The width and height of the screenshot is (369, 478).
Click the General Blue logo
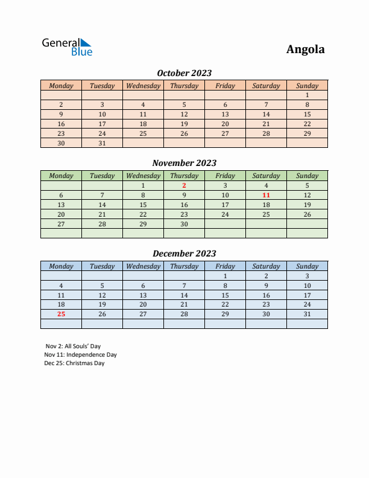pos(67,47)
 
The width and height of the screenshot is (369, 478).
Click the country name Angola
pos(305,49)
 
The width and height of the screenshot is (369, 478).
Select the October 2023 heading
pos(184,73)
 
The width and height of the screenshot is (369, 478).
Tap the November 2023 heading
pos(184,163)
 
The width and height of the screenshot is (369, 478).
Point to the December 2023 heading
pos(184,253)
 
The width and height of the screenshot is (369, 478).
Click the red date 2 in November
pos(184,185)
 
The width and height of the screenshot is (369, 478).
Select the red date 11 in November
pos(266,195)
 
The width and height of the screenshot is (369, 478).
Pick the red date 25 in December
pos(61,314)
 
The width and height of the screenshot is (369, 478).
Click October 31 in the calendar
pos(102,143)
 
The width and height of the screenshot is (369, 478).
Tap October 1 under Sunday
pos(307,95)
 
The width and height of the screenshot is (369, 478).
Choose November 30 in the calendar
pos(184,224)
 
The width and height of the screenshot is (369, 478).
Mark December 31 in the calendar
pos(307,314)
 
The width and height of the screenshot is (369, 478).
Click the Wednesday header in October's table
pos(143,86)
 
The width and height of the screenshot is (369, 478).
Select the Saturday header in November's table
pos(266,176)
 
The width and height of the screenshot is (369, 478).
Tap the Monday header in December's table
pos(61,266)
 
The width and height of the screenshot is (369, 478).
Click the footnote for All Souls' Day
pos(73,346)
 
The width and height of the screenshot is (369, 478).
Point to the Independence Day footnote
pos(80,355)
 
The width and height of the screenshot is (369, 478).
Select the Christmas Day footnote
pos(74,363)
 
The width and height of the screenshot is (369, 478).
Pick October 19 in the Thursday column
pos(184,124)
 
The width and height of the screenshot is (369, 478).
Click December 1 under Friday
pos(225,276)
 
